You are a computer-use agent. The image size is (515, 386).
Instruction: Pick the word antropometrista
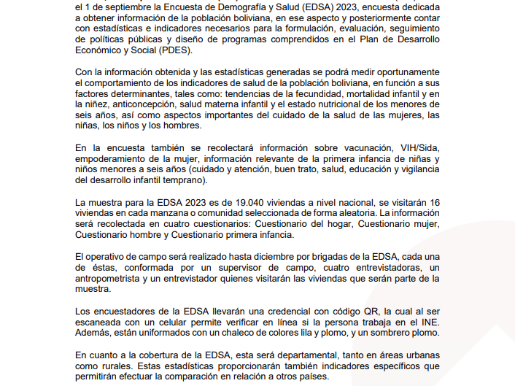point(112,278)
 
